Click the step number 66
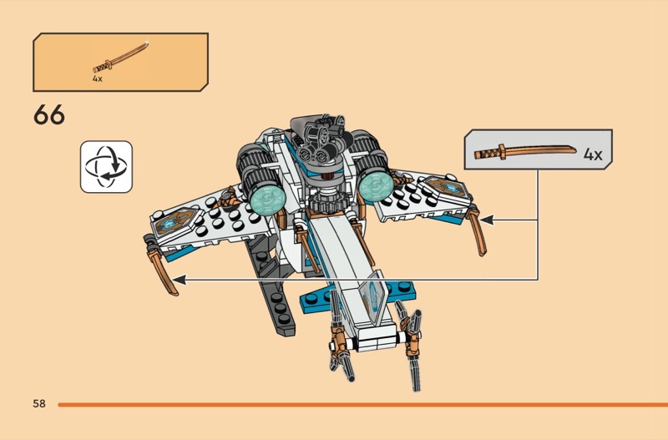click(49, 115)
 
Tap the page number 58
click(39, 404)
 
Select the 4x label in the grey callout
click(592, 154)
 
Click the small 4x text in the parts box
click(98, 78)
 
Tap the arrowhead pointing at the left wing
click(178, 282)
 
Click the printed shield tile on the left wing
click(171, 221)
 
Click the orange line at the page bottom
click(359, 404)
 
